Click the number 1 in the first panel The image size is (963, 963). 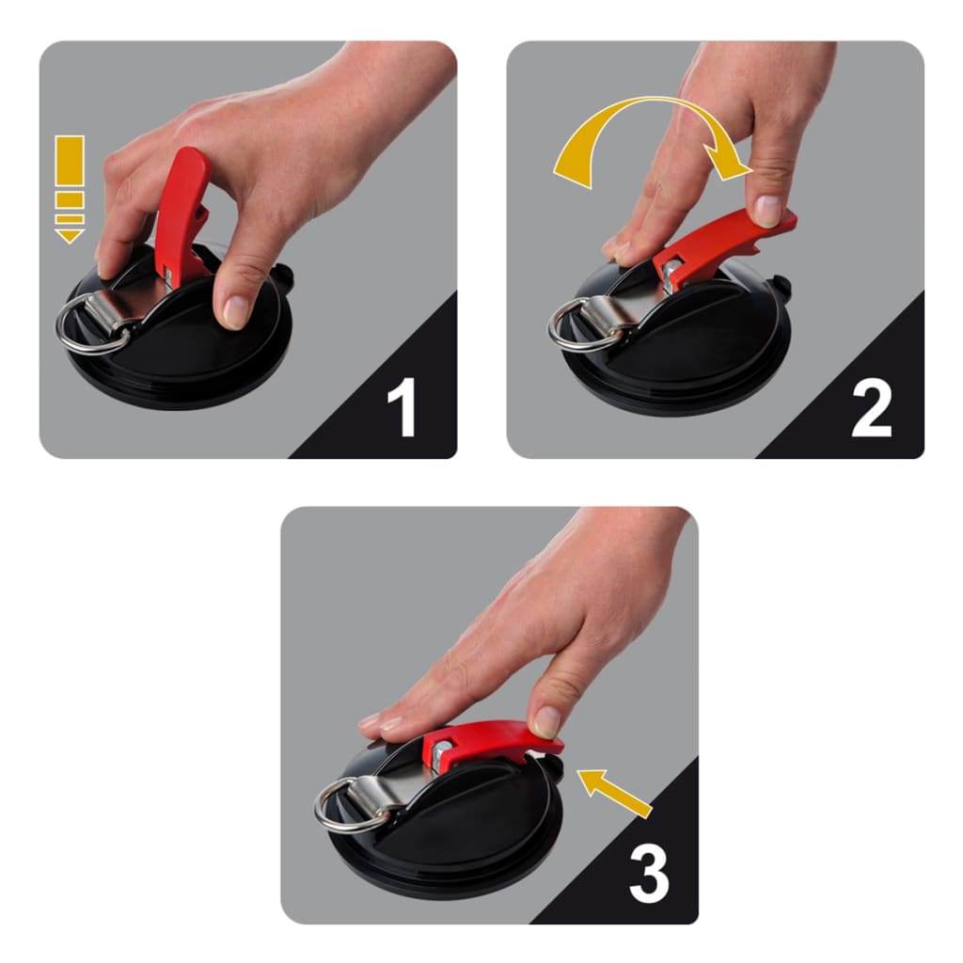pos(402,407)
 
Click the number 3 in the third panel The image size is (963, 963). pos(648,874)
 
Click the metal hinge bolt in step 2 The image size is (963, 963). pos(671,274)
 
